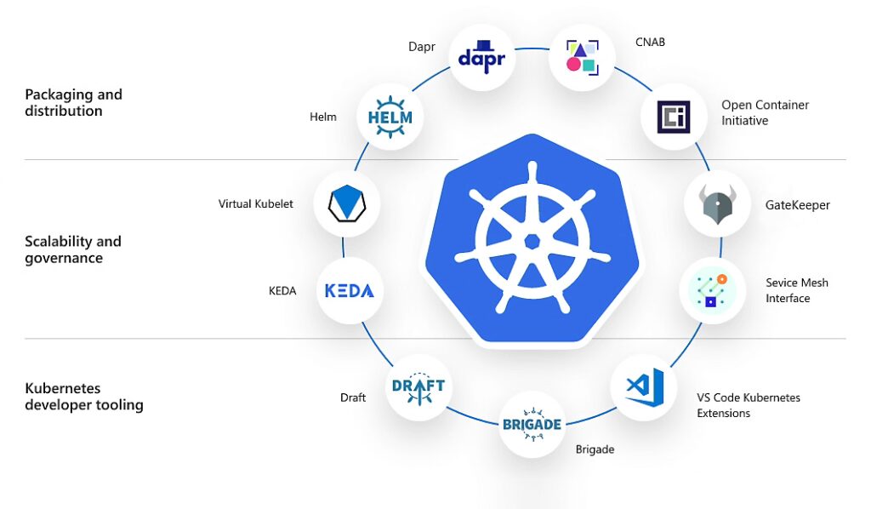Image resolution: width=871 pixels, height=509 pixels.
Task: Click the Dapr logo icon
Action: [x=481, y=56]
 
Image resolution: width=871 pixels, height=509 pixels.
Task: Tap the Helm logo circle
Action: [x=390, y=117]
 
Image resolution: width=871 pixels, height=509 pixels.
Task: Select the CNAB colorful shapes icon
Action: [x=582, y=56]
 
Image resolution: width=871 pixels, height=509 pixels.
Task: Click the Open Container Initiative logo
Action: [x=674, y=116]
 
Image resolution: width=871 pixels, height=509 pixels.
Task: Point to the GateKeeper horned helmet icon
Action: [x=717, y=204]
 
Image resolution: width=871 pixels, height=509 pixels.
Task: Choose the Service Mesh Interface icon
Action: [x=712, y=290]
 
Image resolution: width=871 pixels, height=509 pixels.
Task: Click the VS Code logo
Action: [x=644, y=387]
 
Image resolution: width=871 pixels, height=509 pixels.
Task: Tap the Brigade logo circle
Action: [x=531, y=424]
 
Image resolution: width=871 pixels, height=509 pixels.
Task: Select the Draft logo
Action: [x=418, y=388]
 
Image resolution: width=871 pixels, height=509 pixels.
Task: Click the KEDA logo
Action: [x=349, y=290]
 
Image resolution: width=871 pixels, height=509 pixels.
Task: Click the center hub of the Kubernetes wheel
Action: [x=532, y=241]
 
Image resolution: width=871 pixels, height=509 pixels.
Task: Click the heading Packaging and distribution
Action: [x=73, y=102]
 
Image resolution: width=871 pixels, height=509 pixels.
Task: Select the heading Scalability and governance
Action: [x=73, y=249]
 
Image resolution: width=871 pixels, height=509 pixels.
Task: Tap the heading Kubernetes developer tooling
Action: [x=83, y=397]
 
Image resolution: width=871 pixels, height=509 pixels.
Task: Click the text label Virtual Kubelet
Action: [x=255, y=204]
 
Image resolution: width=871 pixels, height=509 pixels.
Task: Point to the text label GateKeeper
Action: [x=797, y=205]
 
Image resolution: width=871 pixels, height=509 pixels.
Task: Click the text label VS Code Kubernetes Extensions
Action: [x=748, y=405]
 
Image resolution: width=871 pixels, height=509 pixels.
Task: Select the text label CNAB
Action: [x=650, y=42]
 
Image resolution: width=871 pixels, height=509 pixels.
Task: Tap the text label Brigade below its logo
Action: [x=595, y=449]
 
